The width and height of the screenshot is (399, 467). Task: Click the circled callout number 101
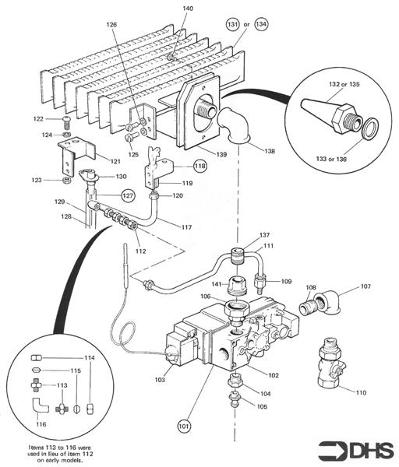click(184, 426)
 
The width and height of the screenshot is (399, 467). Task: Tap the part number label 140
click(188, 9)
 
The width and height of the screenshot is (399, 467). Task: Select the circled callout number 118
click(200, 167)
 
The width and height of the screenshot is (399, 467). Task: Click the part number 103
click(160, 380)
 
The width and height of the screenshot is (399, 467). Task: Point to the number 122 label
click(38, 118)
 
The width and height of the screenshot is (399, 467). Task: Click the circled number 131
click(233, 24)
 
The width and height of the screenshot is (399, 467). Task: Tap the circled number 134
click(261, 24)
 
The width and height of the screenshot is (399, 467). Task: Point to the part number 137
click(265, 234)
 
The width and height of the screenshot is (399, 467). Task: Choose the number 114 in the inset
click(89, 357)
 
